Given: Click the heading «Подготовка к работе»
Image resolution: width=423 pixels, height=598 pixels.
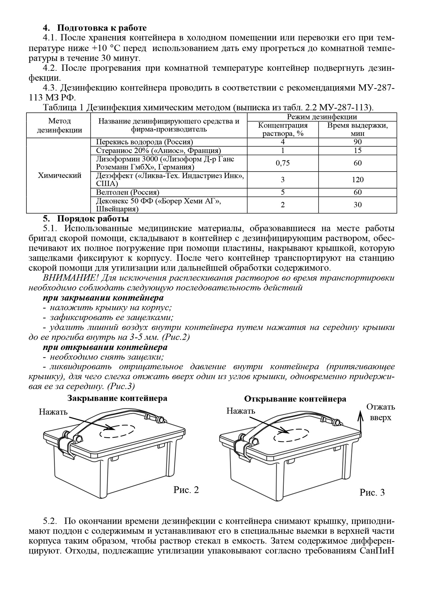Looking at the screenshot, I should pyautogui.click(x=102, y=27).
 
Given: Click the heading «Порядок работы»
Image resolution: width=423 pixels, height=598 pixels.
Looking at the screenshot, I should pyautogui.click(x=93, y=219).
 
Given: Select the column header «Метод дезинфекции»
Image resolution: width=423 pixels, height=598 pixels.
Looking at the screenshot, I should pyautogui.click(x=59, y=125).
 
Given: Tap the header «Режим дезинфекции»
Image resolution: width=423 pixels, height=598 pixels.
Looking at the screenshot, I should pyautogui.click(x=322, y=117).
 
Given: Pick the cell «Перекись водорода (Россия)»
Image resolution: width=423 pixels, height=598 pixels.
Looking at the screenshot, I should pyautogui.click(x=145, y=142).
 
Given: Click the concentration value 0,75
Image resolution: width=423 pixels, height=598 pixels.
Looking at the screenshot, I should pyautogui.click(x=283, y=163).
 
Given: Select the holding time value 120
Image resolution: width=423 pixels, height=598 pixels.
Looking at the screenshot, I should pyautogui.click(x=357, y=180).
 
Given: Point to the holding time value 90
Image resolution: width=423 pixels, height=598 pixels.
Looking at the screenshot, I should pyautogui.click(x=357, y=142).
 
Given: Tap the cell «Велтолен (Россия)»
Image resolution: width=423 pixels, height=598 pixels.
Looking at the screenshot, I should pyautogui.click(x=128, y=192).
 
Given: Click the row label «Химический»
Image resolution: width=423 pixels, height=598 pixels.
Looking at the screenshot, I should pyautogui.click(x=59, y=175).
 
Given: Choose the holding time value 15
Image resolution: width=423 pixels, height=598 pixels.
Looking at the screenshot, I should pyautogui.click(x=357, y=150).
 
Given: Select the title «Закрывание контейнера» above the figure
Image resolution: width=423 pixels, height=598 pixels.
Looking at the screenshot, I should pyautogui.click(x=117, y=399).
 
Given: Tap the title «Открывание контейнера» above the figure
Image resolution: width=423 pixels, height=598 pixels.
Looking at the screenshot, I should pyautogui.click(x=295, y=399).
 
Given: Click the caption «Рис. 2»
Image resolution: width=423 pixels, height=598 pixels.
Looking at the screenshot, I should pyautogui.click(x=186, y=490).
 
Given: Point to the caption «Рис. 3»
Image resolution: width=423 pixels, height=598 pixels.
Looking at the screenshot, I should pyautogui.click(x=372, y=492).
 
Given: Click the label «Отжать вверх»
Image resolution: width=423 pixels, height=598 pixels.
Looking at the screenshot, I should pyautogui.click(x=381, y=412).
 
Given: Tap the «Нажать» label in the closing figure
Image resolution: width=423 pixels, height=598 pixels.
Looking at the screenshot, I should pyautogui.click(x=53, y=412).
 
